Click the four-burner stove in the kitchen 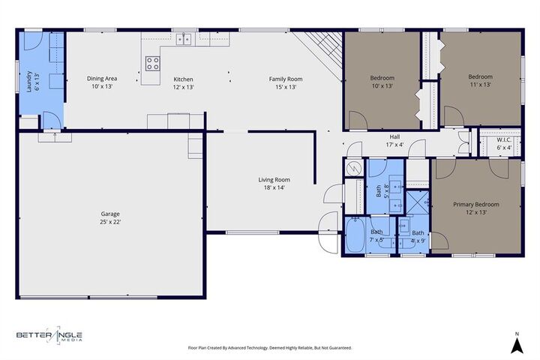(151, 63)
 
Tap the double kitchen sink (184, 40)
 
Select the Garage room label (111, 217)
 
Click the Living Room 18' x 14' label (274, 184)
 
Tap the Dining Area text (101, 82)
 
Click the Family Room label (286, 82)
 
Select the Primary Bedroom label (475, 208)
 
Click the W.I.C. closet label (503, 143)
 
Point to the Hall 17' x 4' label (394, 140)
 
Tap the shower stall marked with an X (415, 201)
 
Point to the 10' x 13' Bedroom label (382, 82)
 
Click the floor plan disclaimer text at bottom (269, 348)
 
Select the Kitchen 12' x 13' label (184, 82)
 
